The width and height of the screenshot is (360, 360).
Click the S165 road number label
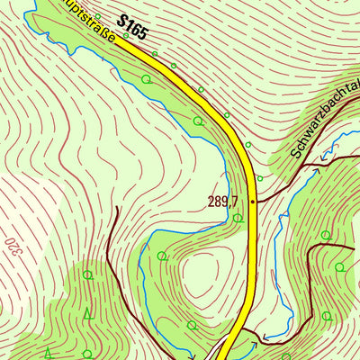coord(131,26)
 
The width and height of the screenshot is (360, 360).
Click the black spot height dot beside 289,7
coord(254,202)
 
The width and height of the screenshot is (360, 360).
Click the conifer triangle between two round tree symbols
coord(87,313)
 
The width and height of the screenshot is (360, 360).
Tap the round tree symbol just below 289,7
coord(237,218)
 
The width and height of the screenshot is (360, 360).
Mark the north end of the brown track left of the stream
coord(116,208)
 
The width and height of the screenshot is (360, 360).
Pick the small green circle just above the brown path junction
coord(324,236)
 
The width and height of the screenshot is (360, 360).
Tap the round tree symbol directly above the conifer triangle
coord(87,274)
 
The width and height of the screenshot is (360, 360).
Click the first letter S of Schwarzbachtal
coord(295,154)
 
